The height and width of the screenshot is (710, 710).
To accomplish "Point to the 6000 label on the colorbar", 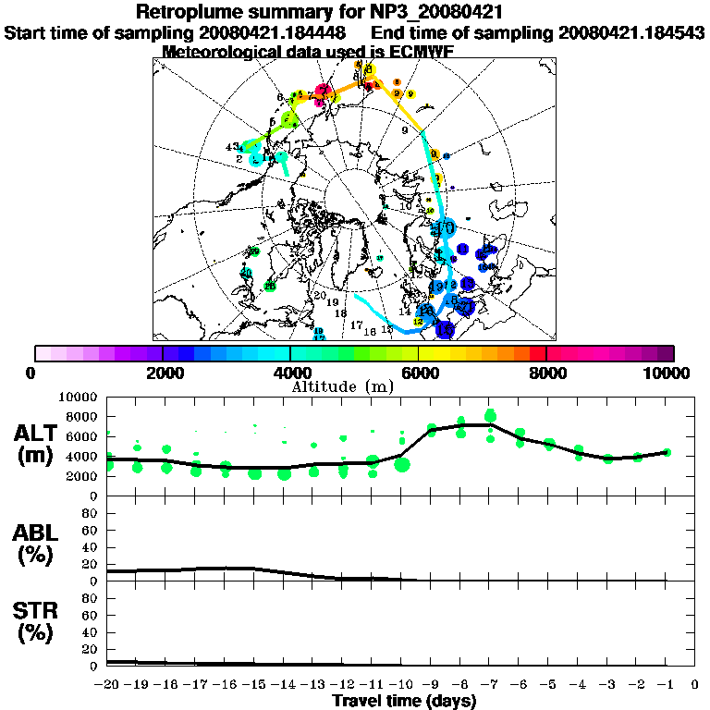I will point(418,373).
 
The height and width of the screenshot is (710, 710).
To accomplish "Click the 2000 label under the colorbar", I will point(163,373).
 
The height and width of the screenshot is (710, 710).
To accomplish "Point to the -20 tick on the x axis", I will point(108,685).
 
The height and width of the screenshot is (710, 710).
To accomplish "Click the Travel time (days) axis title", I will point(404,702).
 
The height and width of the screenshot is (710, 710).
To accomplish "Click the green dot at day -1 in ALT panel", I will point(667,452).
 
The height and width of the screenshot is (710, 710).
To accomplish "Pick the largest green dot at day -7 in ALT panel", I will point(491,415).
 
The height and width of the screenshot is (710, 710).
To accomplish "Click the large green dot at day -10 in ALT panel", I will point(402,464).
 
